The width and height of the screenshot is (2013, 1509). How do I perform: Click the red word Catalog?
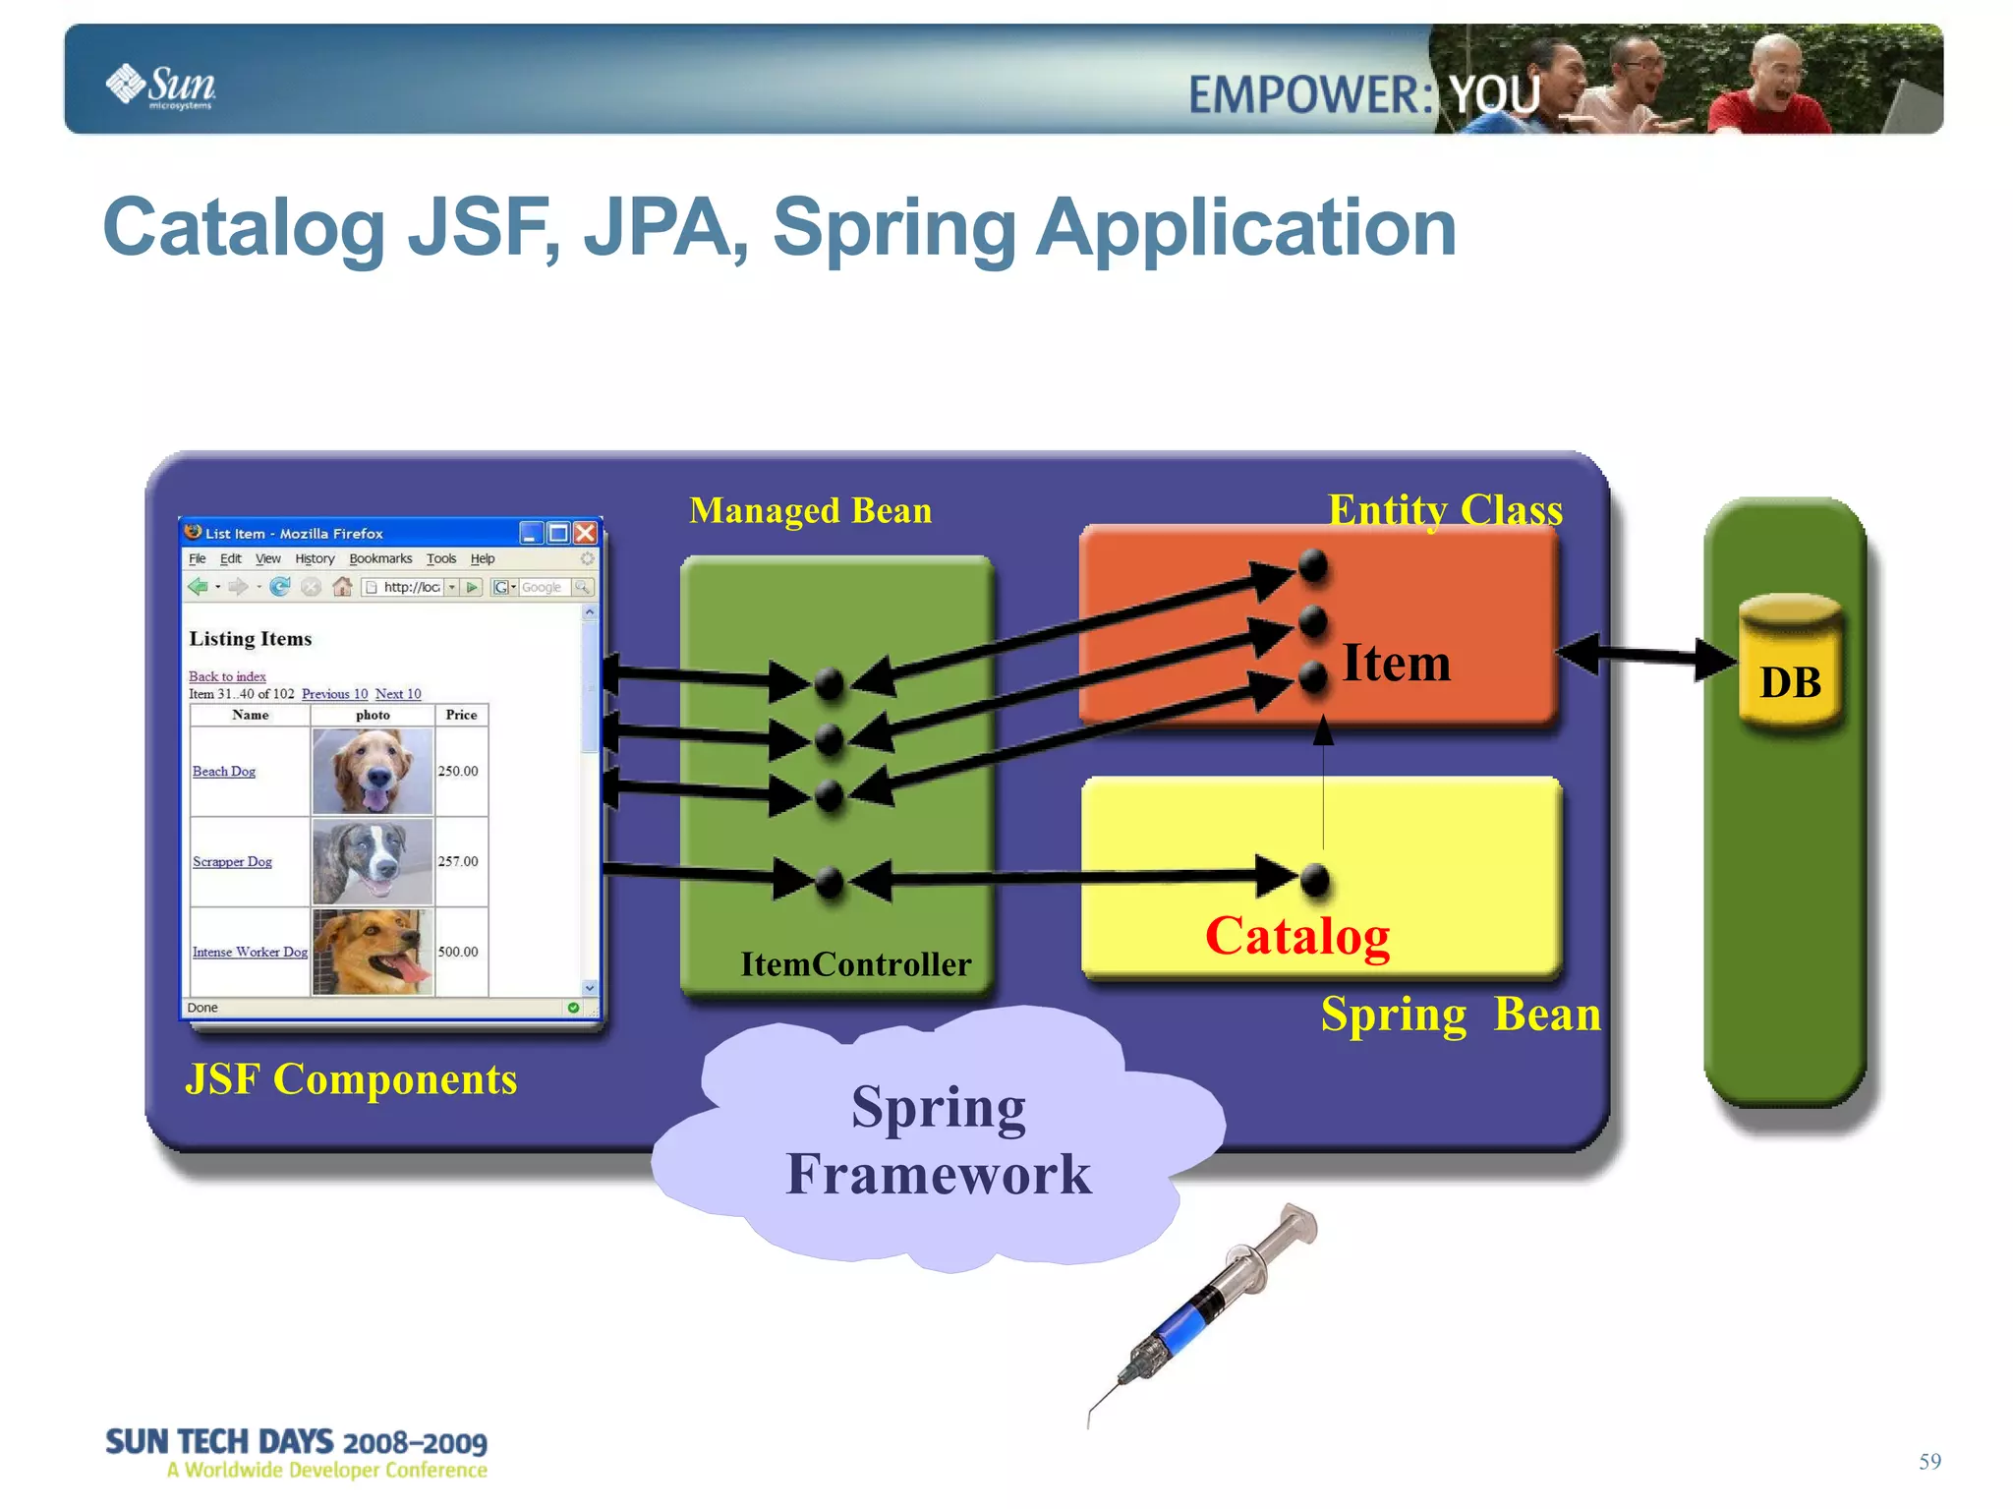(1296, 935)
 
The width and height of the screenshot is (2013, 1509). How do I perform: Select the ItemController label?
(855, 964)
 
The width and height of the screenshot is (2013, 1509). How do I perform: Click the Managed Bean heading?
(810, 510)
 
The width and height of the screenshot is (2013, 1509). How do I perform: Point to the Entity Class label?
(1444, 510)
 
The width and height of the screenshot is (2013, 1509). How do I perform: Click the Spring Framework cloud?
(938, 1140)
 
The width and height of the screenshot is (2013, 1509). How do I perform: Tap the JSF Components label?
(350, 1079)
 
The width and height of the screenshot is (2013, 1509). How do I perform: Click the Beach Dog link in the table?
(224, 772)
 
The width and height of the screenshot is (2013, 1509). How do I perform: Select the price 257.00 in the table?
(458, 861)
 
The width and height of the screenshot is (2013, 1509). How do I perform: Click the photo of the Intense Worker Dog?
(372, 952)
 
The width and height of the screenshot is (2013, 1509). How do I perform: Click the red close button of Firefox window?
(586, 533)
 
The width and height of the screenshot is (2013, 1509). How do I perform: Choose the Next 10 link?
(398, 694)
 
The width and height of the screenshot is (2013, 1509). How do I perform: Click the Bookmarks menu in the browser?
(380, 558)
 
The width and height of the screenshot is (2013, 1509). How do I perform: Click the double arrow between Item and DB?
(1646, 656)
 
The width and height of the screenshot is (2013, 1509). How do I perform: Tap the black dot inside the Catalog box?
(1314, 879)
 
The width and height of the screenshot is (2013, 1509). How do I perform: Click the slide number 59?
(1928, 1462)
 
